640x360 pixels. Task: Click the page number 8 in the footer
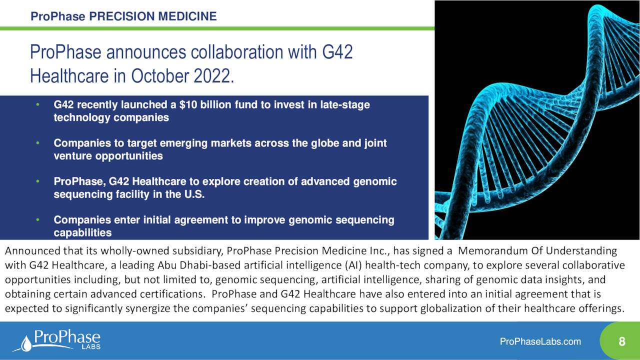621,342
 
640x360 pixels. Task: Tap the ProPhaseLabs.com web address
540,342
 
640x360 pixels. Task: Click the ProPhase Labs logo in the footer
56,340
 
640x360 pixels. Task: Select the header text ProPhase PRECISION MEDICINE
123,16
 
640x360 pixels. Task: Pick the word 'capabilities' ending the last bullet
82,233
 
